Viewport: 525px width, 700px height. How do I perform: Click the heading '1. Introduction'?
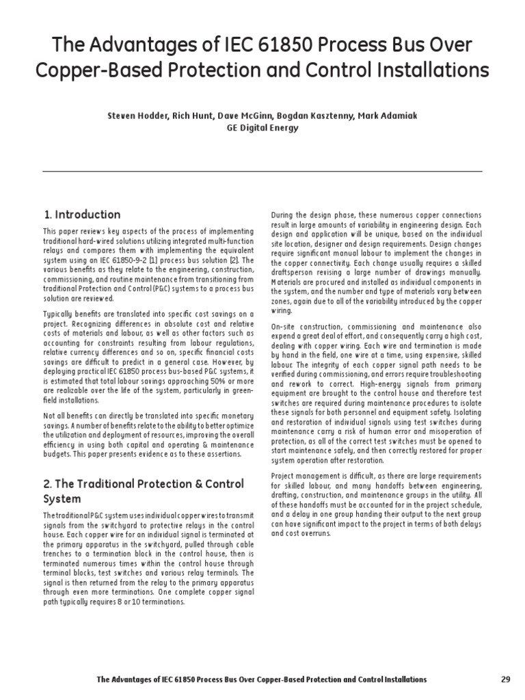[82, 215]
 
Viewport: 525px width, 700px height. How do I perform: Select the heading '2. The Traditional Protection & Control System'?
[143, 491]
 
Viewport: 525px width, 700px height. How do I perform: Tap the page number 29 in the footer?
[506, 679]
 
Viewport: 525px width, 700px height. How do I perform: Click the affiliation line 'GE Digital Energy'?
[262, 128]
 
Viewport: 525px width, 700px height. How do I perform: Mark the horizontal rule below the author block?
[262, 171]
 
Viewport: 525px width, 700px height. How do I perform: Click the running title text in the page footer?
[262, 679]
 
